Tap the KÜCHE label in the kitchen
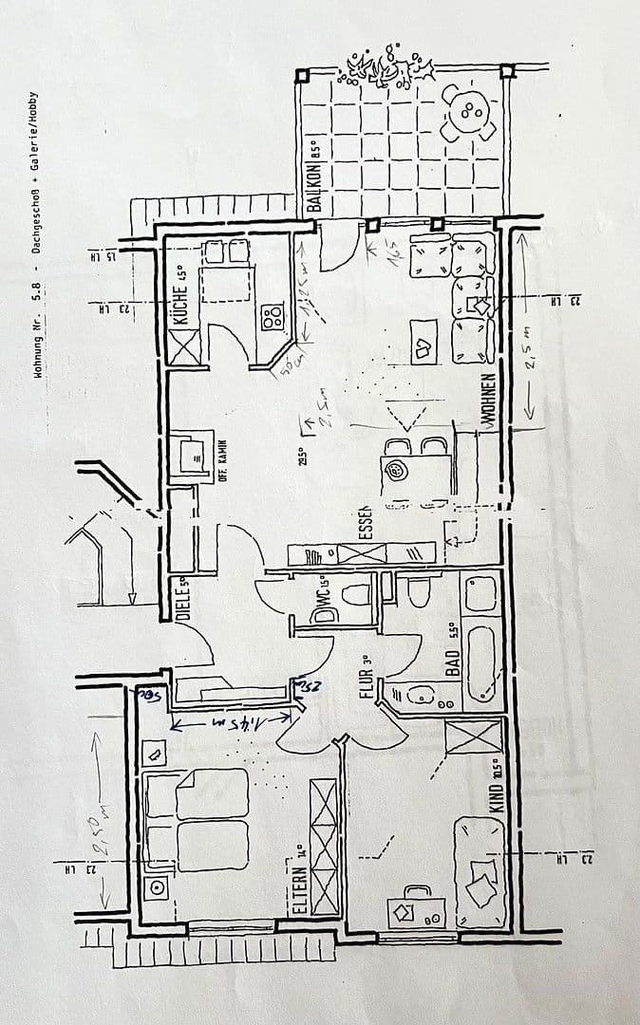(x=181, y=298)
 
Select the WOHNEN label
(x=489, y=403)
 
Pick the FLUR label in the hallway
(x=367, y=679)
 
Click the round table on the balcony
(x=469, y=111)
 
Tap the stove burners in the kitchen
(x=273, y=315)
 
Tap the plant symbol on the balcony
(x=389, y=66)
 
